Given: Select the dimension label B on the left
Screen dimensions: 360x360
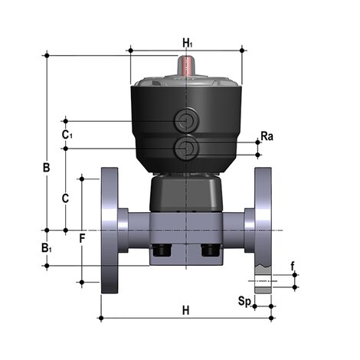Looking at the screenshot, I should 45,166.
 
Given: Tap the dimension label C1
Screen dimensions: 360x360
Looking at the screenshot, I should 67,135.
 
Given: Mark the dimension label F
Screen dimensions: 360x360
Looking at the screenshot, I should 82,238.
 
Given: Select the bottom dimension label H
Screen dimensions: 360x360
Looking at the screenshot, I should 185,310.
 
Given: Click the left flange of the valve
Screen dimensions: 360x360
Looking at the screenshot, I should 110,230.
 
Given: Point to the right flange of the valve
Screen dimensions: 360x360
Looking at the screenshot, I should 263,230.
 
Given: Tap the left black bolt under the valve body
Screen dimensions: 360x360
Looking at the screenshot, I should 162,250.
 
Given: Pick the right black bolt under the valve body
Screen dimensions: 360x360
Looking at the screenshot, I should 210,250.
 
